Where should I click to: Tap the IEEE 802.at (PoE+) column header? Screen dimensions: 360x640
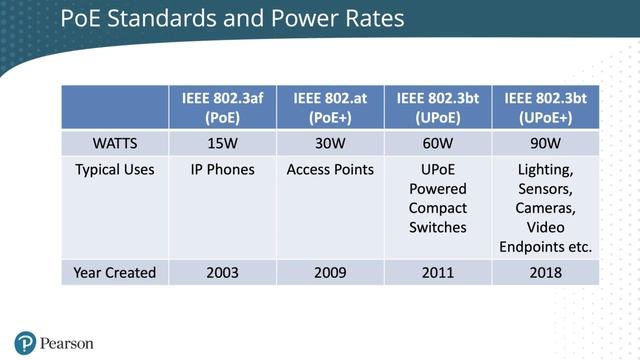pos(330,107)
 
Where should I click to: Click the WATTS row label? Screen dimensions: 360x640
pos(114,143)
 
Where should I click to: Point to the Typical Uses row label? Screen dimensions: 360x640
pos(114,170)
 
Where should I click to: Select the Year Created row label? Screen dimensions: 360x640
pos(114,272)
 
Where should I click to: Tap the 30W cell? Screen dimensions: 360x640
pos(330,143)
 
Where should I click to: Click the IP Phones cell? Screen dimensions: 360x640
pos(222,170)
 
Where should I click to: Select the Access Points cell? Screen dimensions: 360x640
pos(330,170)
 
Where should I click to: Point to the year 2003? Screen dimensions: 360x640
pos(222,272)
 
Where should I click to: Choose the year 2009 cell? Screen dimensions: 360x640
pos(330,272)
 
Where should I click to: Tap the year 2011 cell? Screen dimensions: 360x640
pos(437,272)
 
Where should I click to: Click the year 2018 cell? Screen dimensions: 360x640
pos(545,272)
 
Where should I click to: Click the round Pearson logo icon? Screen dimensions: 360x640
pos(25,343)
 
